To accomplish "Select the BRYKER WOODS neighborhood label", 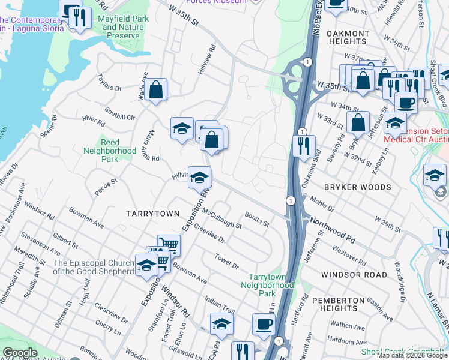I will pyautogui.click(x=357, y=187).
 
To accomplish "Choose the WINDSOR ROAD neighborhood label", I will pyautogui.click(x=354, y=274).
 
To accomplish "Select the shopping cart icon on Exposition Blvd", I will pyautogui.click(x=169, y=244).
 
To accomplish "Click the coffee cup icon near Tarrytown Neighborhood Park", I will pyautogui.click(x=264, y=325).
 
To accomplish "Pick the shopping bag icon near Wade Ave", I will pyautogui.click(x=155, y=89).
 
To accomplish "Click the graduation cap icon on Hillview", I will pyautogui.click(x=200, y=177).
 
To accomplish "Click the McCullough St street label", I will pyautogui.click(x=221, y=218).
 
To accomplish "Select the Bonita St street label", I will pyautogui.click(x=257, y=218).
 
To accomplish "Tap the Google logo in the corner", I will pyautogui.click(x=20, y=353).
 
